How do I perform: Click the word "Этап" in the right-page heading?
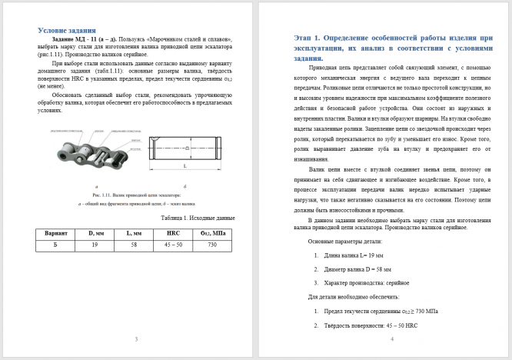coord(306,38)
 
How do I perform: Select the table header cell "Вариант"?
coord(55,232)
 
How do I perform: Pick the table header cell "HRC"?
coord(173,232)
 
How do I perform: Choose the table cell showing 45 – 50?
coord(173,245)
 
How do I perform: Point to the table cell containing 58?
coord(132,245)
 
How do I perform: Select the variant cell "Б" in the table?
coord(55,245)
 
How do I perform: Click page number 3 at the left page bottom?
coord(135,339)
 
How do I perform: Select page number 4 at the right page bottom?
coord(391,339)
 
